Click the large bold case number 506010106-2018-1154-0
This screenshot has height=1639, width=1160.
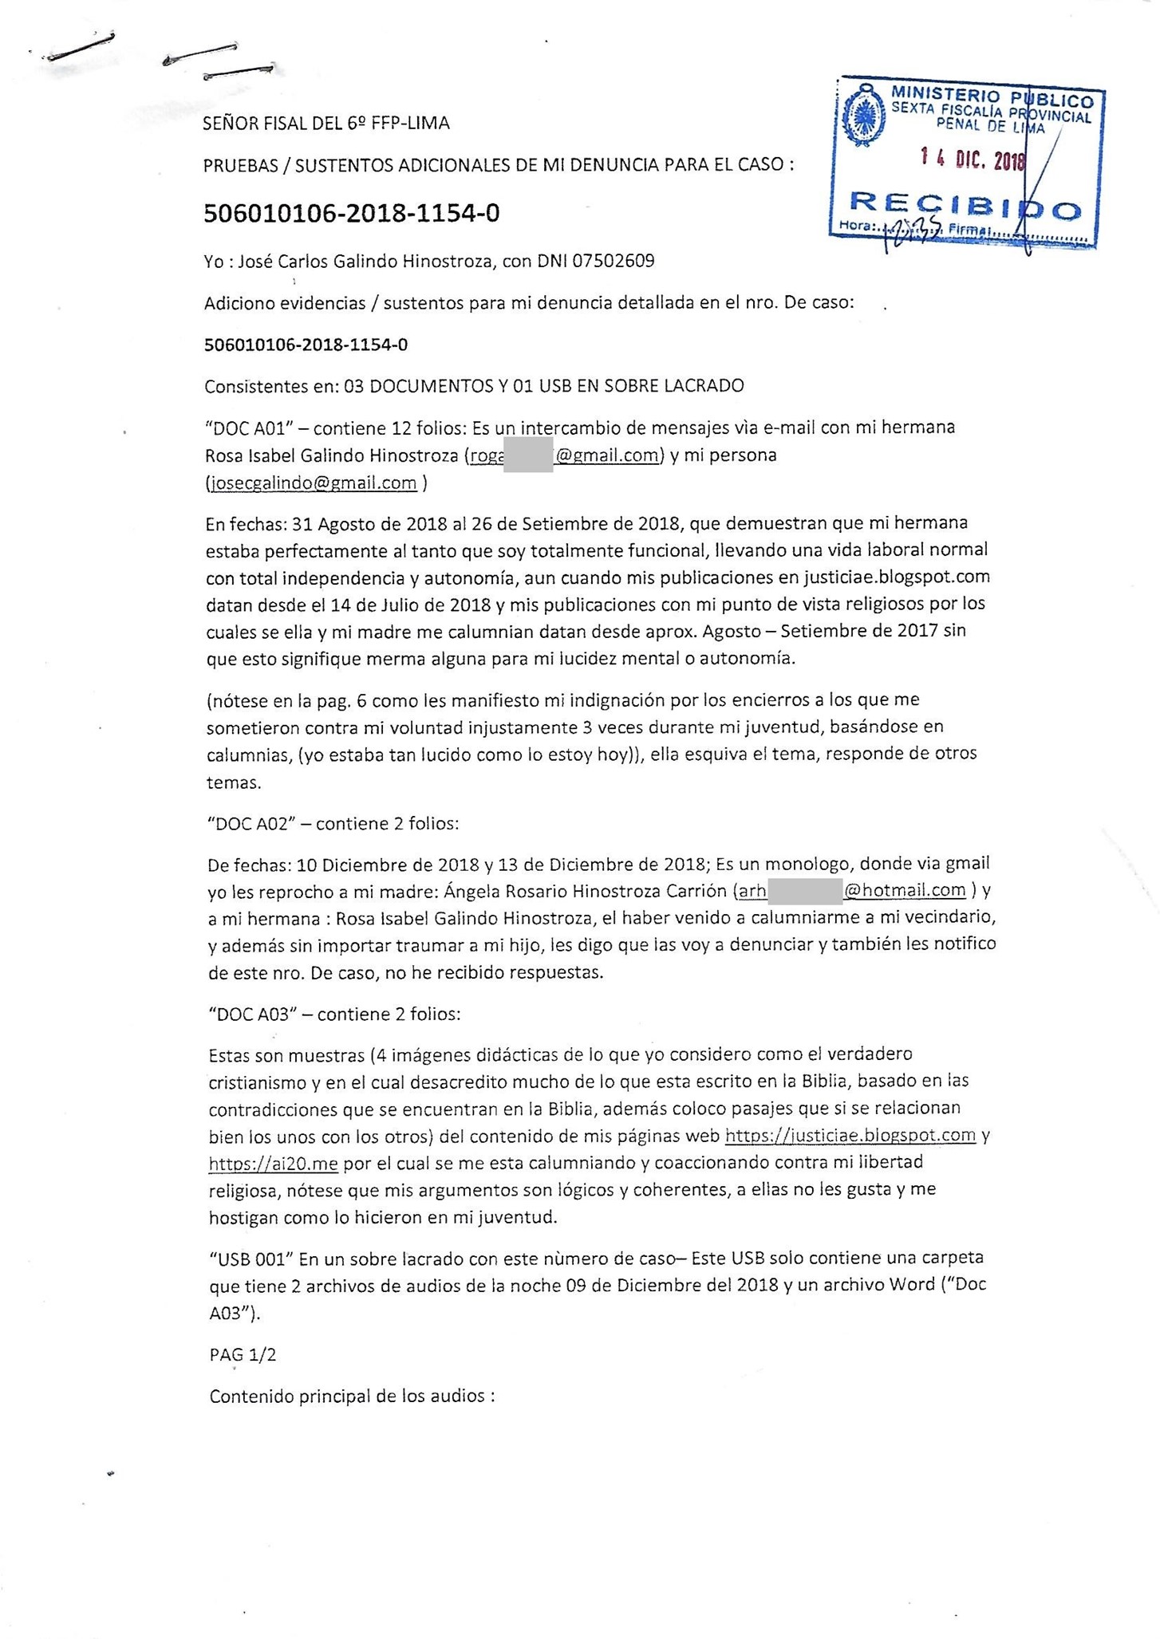pos(352,214)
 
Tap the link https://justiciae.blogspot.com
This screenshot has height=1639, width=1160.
pos(850,1135)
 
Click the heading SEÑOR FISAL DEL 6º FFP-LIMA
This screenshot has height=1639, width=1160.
pos(326,123)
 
